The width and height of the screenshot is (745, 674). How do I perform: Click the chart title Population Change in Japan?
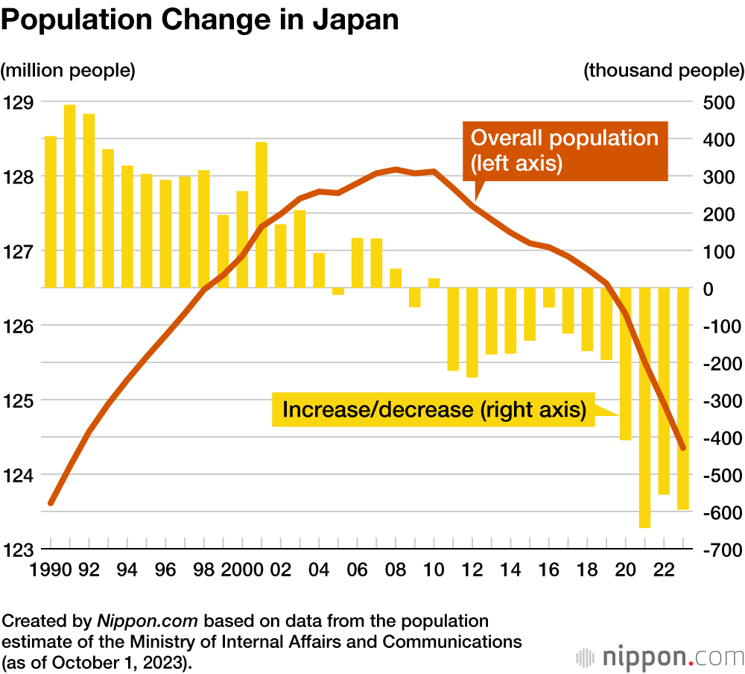click(200, 20)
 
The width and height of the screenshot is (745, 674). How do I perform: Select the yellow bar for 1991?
click(70, 195)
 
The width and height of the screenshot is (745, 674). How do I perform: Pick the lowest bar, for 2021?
click(644, 407)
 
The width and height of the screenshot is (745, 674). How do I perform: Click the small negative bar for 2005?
click(338, 291)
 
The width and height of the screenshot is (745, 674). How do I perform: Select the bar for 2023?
click(683, 398)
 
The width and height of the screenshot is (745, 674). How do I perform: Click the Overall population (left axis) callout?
click(564, 150)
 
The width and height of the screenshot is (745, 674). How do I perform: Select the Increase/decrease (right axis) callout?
click(434, 409)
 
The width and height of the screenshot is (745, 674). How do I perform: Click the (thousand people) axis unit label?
click(664, 71)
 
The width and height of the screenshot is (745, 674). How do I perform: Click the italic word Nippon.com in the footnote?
click(149, 621)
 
